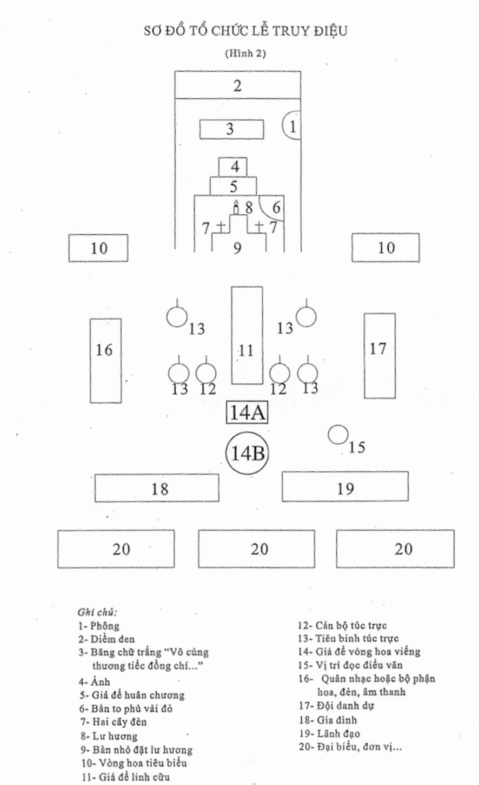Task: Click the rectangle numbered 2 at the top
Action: point(237,85)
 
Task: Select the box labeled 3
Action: point(232,129)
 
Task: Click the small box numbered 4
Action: point(233,167)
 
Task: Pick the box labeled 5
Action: point(233,186)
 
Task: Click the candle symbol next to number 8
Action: point(236,207)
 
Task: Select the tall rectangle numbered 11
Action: point(247,335)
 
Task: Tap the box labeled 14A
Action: point(247,412)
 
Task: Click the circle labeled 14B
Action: point(247,452)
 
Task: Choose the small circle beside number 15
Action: point(338,435)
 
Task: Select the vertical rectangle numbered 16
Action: point(105,360)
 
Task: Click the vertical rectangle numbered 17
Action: point(379,355)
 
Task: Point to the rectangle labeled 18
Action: point(157,488)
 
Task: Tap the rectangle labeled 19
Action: point(345,486)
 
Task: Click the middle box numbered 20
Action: point(256,549)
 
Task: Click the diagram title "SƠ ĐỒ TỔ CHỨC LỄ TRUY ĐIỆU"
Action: point(245,31)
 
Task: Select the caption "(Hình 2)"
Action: point(245,53)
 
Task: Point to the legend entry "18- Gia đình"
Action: point(328,720)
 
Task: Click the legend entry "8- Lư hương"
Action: point(108,736)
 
